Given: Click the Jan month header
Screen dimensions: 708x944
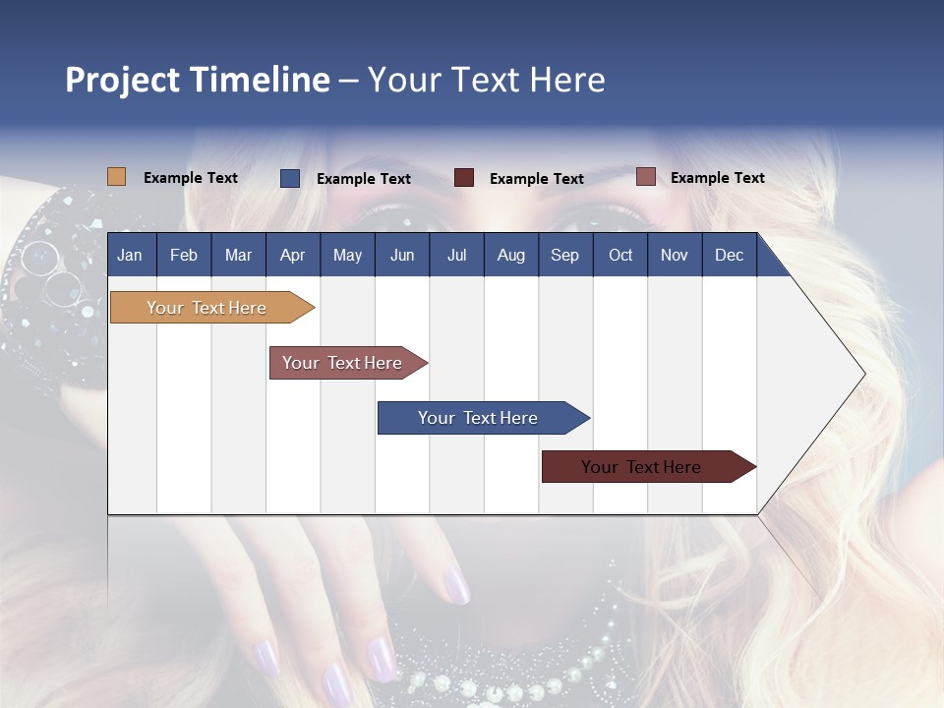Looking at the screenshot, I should pyautogui.click(x=130, y=255).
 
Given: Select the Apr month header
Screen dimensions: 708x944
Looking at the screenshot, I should pyautogui.click(x=292, y=255).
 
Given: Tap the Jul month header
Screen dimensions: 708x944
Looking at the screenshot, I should pyautogui.click(x=456, y=255).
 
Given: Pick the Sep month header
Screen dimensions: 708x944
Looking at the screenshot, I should pyautogui.click(x=564, y=255).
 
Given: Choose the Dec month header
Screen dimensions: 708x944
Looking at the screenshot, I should pyautogui.click(x=729, y=255).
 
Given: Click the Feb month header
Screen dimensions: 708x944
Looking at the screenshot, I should pyautogui.click(x=184, y=255).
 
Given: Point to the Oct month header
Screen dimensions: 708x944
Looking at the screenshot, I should pyautogui.click(x=620, y=255).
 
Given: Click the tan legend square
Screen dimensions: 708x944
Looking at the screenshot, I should pyautogui.click(x=116, y=177).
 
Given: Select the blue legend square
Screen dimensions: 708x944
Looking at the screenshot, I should pyautogui.click(x=290, y=178).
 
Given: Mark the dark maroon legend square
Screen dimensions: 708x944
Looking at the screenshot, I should pyautogui.click(x=464, y=178).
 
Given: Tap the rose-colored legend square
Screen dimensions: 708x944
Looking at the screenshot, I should pyautogui.click(x=645, y=177).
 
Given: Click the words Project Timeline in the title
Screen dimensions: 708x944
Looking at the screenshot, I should pyautogui.click(x=198, y=80).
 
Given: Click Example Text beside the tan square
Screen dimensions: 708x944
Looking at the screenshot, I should pyautogui.click(x=191, y=178).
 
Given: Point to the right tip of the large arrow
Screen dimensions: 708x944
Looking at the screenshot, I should pyautogui.click(x=862, y=374).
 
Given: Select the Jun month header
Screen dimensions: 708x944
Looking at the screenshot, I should pyautogui.click(x=402, y=255).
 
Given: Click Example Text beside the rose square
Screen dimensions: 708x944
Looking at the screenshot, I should pyautogui.click(x=718, y=178).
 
